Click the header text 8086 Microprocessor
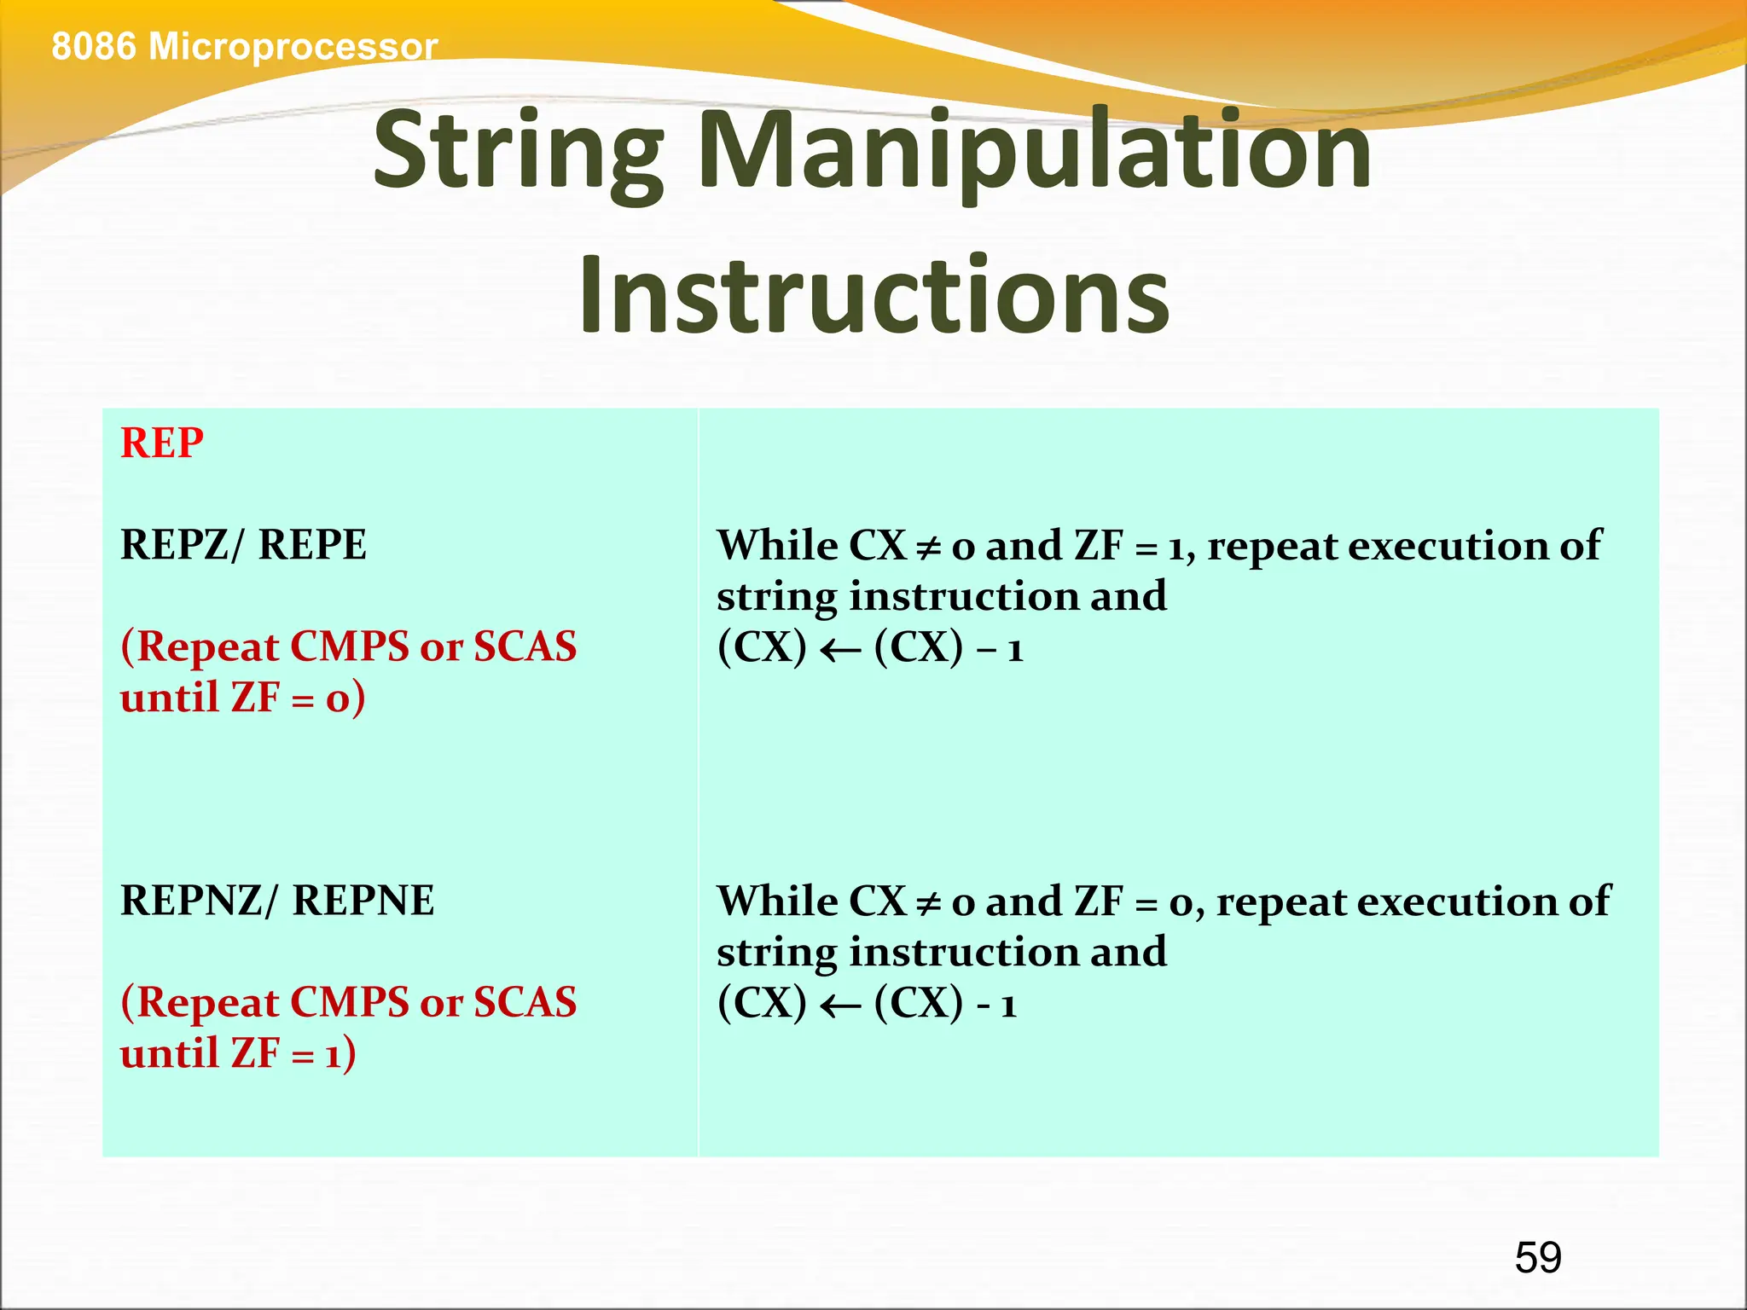(244, 46)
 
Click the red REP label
(162, 443)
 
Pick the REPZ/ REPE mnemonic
(243, 545)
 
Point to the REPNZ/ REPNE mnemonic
(277, 901)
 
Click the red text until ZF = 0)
(242, 698)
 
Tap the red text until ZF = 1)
(238, 1053)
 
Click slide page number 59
(1538, 1258)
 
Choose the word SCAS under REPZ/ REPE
(525, 646)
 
